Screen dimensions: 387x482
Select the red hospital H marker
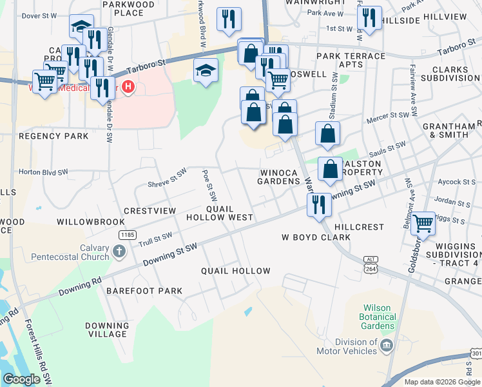click(129, 86)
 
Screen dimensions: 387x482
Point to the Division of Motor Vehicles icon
click(387, 345)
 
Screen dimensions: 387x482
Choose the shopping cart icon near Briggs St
click(423, 224)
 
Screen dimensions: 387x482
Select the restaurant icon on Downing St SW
click(319, 204)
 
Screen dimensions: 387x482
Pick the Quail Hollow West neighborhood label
click(220, 213)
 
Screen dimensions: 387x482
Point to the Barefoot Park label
click(145, 291)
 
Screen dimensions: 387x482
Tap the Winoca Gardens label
click(280, 177)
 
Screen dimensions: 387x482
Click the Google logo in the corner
click(21, 379)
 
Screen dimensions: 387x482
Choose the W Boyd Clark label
click(316, 237)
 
